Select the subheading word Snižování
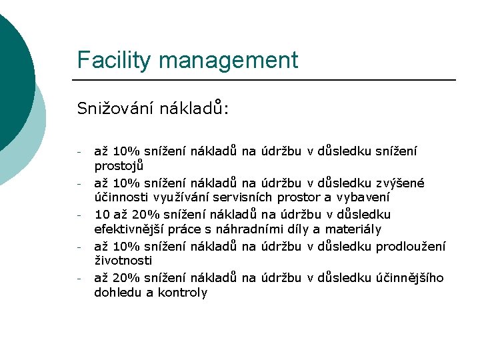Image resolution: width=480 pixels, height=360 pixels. (x=114, y=108)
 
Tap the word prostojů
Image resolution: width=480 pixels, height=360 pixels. (x=119, y=165)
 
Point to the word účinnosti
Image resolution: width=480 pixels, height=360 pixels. (x=122, y=197)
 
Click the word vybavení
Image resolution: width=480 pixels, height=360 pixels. (x=363, y=197)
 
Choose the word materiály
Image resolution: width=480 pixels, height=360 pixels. (x=353, y=229)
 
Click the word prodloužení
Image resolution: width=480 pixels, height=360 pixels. (x=411, y=246)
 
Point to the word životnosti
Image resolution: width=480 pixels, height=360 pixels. (x=123, y=261)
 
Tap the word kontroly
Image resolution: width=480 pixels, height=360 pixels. (x=182, y=293)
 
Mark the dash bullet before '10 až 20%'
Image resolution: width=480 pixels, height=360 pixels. (x=79, y=215)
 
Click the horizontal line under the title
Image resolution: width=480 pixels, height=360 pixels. (x=267, y=80)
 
